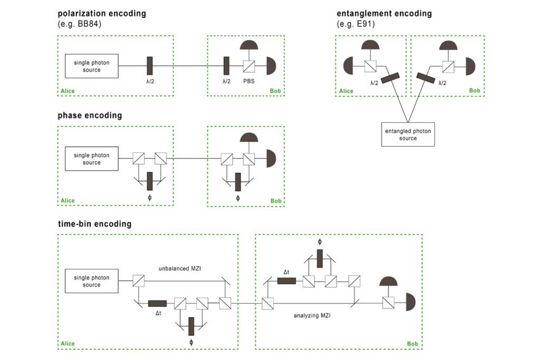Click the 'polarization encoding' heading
pos(102,13)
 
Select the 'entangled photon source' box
pos(408,134)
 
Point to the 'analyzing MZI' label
pos(312,316)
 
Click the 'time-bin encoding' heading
pos(94,224)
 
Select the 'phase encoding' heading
pos(90,115)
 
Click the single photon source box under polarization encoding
pos(91,66)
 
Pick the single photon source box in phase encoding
pos(91,159)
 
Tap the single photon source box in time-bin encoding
pos(91,281)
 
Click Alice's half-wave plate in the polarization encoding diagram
pos(150,66)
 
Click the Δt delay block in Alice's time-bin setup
pos(157,303)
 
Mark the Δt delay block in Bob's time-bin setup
pos(286,280)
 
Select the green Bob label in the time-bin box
pos(412,344)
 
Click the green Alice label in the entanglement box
pos(346,91)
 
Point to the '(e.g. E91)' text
pos(356,24)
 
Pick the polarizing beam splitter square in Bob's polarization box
pos(249,66)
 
